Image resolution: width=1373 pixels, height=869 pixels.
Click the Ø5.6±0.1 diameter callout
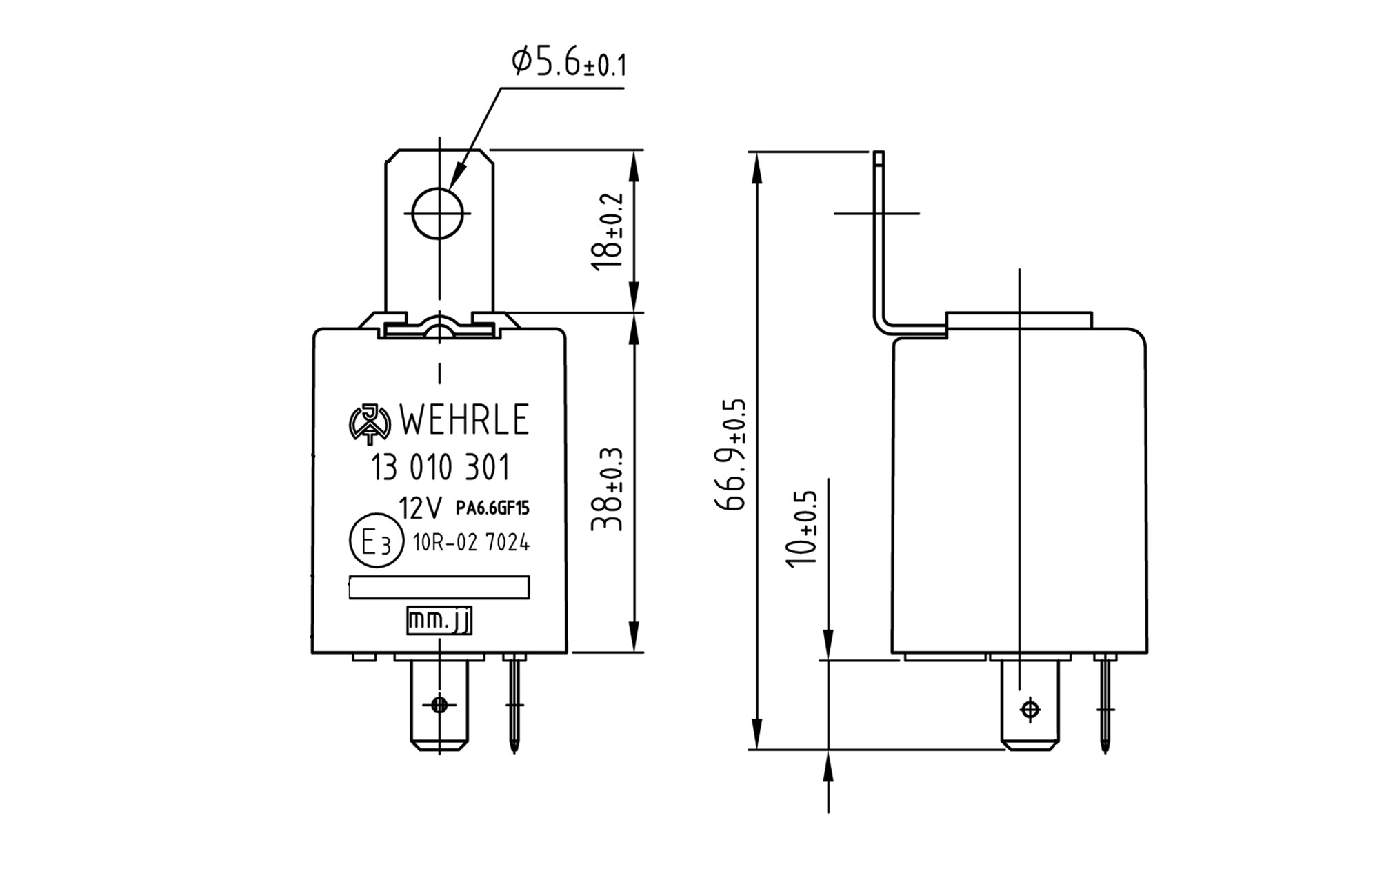[568, 63]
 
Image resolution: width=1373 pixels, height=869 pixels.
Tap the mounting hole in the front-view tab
[439, 214]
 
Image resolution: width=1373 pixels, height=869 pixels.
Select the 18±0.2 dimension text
[608, 232]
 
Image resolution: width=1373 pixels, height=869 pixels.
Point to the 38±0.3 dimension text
[608, 490]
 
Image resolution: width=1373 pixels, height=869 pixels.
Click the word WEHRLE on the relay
[463, 420]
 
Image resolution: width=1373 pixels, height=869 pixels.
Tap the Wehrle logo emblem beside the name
[370, 422]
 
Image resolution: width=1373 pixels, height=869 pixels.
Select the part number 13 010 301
[441, 468]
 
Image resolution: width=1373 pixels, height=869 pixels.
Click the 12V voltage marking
[420, 509]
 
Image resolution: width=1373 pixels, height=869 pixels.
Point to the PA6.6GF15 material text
[492, 509]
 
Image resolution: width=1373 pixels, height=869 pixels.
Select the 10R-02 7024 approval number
[471, 543]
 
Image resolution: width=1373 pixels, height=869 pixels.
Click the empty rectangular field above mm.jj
[439, 587]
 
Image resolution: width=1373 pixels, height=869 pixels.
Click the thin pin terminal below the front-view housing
[514, 703]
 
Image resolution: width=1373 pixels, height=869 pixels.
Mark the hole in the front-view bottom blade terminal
[439, 705]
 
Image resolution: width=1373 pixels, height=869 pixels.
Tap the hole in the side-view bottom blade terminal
[1030, 709]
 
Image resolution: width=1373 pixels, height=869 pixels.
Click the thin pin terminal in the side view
[1105, 703]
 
